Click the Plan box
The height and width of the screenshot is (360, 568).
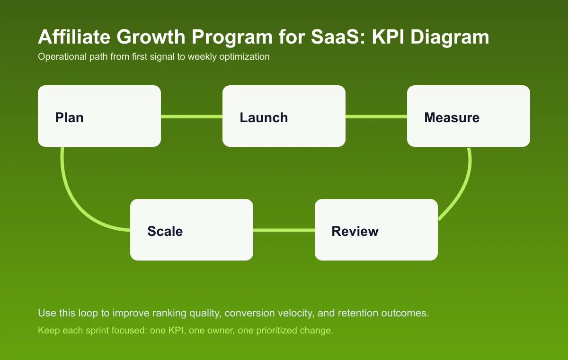pos(99,116)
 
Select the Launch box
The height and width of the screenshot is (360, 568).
pos(284,116)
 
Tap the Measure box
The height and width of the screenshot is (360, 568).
pos(469,116)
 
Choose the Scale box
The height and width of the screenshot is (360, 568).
pos(192,230)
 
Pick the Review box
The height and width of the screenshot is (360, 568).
pos(376,230)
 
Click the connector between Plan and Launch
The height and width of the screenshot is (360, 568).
pos(192,117)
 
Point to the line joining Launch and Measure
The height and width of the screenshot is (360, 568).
pos(376,117)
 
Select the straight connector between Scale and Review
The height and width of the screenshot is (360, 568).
pos(284,230)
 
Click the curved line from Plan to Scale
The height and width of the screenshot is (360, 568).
pos(76,204)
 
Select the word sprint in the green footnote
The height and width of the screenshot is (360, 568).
pos(94,331)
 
